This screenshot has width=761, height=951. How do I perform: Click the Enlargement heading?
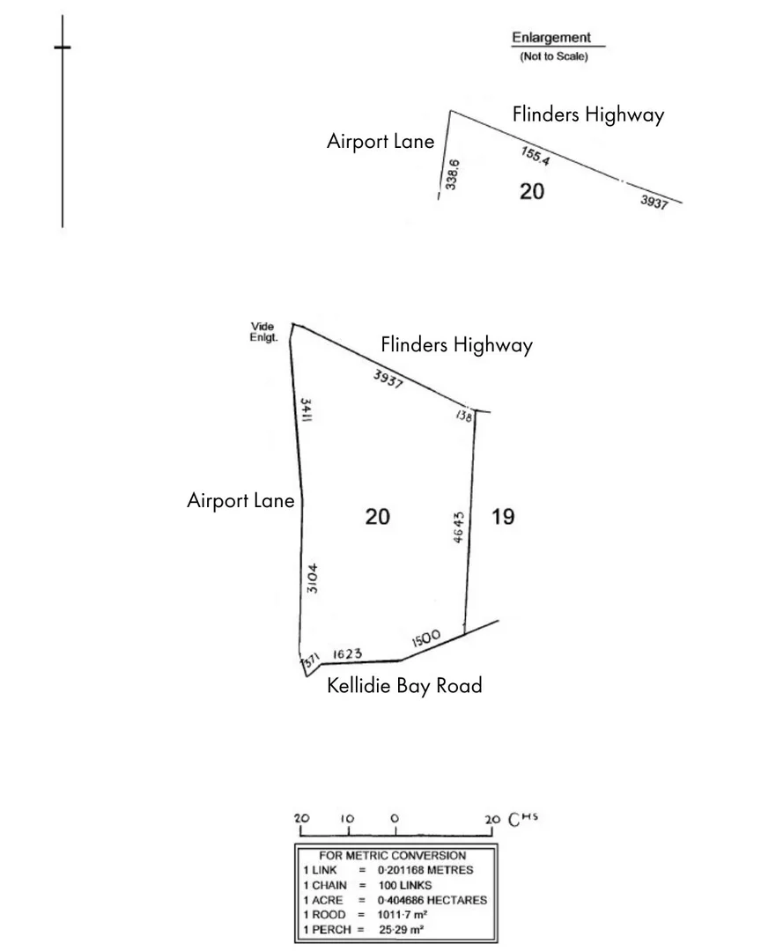tap(551, 38)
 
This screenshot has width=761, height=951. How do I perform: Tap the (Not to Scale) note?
tap(554, 56)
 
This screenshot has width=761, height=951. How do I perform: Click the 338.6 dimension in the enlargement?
tap(453, 173)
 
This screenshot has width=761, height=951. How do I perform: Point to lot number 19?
tap(502, 516)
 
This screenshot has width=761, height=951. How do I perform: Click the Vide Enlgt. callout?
tap(262, 331)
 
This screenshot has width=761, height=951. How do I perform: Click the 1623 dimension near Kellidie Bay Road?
tap(348, 654)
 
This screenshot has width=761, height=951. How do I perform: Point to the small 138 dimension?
tap(464, 416)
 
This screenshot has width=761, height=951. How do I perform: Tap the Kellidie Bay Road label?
tap(404, 685)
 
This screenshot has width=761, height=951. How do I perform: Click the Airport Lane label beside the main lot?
tap(240, 500)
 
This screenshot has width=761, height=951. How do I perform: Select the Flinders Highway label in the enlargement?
tap(588, 114)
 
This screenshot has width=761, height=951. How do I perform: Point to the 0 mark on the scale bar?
tap(395, 818)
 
